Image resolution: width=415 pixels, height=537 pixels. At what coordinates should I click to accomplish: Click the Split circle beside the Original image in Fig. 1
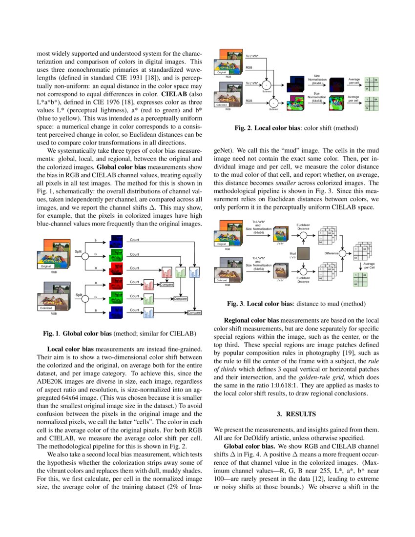85,255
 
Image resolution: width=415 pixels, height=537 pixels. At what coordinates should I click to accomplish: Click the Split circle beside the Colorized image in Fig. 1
85,297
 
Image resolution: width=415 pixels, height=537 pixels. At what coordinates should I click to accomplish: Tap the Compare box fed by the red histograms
167,285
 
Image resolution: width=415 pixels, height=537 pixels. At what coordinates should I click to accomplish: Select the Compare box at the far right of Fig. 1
195,312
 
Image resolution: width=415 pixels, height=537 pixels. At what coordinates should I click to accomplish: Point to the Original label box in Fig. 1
47,266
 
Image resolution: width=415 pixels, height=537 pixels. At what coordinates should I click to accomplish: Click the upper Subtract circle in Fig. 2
267,86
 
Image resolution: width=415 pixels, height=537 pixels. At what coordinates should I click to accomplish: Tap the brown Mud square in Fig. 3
304,254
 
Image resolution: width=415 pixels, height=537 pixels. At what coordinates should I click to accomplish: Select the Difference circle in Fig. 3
343,253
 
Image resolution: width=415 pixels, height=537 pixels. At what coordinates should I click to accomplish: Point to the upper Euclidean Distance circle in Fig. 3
304,235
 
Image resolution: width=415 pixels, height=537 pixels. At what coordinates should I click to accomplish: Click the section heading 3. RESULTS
296,414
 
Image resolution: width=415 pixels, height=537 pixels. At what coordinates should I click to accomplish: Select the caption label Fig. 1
52,334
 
